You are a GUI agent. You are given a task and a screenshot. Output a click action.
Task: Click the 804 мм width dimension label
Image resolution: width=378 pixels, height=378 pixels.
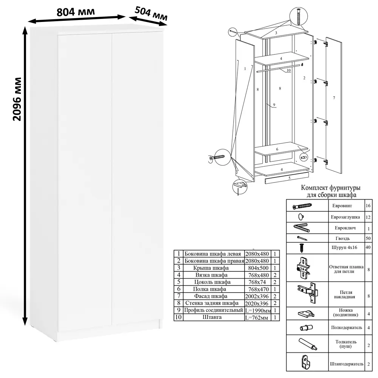click(76, 12)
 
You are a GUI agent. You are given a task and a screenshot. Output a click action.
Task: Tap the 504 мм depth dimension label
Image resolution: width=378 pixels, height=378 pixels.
click(151, 14)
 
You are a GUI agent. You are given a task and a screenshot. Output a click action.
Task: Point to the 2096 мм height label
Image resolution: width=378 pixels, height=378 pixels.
click(17, 99)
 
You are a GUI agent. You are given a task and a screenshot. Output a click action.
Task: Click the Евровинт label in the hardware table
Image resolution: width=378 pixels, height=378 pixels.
click(342, 206)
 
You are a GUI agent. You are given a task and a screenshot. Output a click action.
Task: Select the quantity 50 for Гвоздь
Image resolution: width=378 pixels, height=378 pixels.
click(368, 239)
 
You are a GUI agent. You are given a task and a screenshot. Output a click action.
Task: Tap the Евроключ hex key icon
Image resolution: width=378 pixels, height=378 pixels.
click(302, 228)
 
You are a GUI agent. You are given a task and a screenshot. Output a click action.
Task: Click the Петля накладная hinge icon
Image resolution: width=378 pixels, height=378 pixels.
click(308, 293)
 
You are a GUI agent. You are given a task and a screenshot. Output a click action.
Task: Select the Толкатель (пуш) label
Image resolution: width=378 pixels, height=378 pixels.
click(346, 344)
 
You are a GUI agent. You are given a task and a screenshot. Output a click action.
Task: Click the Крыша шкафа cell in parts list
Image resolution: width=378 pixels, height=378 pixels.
click(211, 268)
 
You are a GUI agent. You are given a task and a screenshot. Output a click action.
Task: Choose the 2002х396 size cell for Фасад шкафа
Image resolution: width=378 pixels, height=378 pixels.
click(257, 296)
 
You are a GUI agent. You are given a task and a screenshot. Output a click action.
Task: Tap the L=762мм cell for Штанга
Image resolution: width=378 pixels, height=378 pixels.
click(257, 318)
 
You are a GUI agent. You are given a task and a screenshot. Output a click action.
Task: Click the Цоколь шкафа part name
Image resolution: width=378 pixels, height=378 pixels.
click(212, 282)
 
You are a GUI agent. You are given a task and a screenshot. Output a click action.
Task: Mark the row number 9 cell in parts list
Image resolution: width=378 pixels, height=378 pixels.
click(179, 310)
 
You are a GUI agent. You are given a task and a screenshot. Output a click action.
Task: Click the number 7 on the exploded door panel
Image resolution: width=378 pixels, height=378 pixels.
click(334, 98)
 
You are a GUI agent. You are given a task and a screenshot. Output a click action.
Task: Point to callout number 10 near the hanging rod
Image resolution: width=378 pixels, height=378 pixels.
click(288, 70)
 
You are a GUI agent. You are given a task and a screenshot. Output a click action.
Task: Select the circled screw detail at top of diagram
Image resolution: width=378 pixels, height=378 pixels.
click(299, 16)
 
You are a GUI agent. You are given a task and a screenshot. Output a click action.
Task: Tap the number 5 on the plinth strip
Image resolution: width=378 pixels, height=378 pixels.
click(290, 178)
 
